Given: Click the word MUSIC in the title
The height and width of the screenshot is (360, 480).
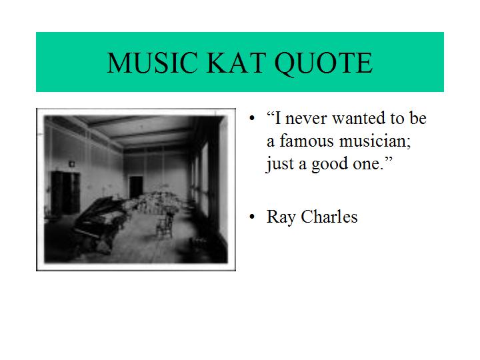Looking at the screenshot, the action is pos(152,63).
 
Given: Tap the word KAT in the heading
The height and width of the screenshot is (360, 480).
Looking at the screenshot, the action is pos(236,63).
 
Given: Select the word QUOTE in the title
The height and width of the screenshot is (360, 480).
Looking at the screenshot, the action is pos(323,64).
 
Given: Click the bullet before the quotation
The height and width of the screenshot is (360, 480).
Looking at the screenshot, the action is pos(252,119).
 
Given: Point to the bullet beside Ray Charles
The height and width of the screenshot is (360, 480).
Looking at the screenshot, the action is pos(252,217).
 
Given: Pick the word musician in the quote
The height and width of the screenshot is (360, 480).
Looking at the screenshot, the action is pos(373,141).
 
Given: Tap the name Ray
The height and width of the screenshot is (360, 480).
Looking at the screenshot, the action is pos(281,217).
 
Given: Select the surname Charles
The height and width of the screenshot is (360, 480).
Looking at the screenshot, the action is pos(329,217).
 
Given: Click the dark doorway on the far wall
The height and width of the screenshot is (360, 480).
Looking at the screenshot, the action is pos(136,187).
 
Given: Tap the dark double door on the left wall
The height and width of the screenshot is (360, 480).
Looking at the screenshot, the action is pos(65,193).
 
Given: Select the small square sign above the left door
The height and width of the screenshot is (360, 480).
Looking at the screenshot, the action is pos(71,164).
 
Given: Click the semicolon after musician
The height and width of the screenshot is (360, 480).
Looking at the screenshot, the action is pos(409,143).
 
